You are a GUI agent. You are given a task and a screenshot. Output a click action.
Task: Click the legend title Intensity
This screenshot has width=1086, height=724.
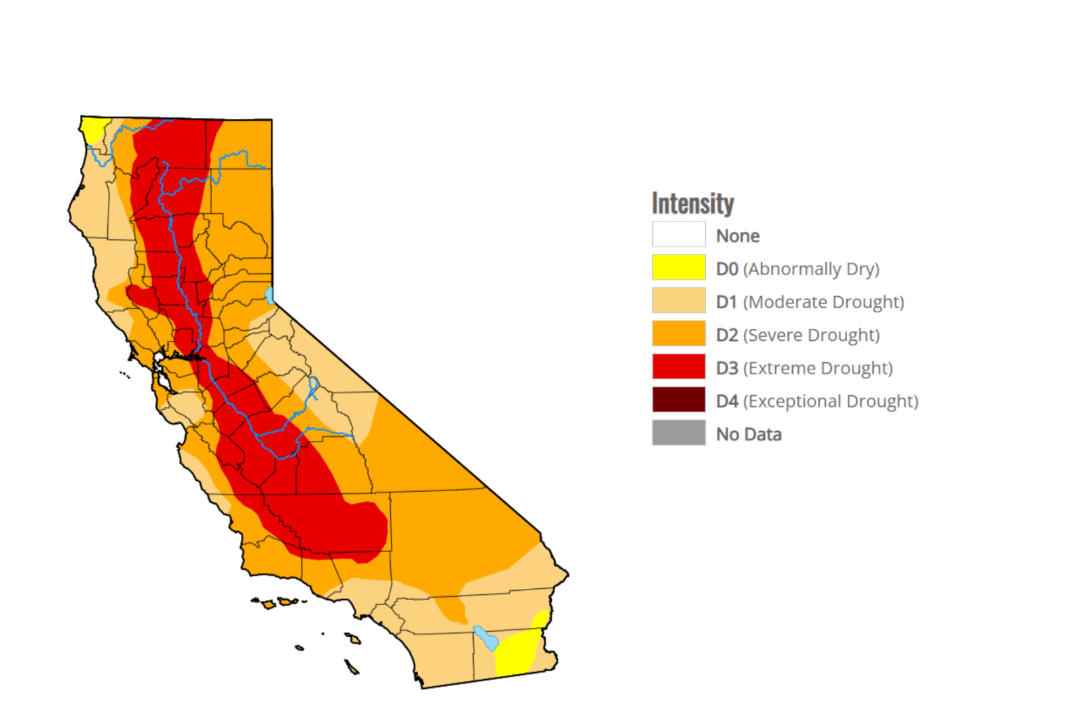click(692, 204)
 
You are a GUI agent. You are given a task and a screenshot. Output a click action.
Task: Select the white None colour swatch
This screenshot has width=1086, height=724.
click(678, 234)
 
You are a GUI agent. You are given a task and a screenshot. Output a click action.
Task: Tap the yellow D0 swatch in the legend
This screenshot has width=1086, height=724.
click(678, 268)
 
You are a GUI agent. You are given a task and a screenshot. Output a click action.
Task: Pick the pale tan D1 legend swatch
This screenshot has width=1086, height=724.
click(678, 300)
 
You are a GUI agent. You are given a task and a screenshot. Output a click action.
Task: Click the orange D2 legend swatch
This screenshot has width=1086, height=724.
click(678, 333)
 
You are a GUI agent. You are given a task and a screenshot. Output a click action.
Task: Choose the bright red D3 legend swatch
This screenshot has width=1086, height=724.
click(678, 367)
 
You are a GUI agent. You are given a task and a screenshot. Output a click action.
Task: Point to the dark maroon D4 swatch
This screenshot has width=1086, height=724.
click(678, 400)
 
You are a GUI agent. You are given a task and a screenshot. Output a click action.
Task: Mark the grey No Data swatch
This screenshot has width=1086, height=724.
click(678, 433)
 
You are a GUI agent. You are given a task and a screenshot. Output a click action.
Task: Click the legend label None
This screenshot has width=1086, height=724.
click(737, 236)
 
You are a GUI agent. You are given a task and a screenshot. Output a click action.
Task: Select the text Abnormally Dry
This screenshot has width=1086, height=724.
click(811, 269)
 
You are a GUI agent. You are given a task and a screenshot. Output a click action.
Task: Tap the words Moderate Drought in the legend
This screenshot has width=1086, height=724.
click(823, 302)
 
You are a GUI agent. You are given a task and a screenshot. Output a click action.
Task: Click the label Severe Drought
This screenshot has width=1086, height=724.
click(811, 335)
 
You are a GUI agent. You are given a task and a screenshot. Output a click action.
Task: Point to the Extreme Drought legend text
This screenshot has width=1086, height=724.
click(818, 368)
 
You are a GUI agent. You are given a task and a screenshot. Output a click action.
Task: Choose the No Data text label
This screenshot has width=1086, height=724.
click(749, 434)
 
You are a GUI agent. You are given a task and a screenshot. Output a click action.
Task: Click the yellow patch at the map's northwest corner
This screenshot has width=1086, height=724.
click(93, 127)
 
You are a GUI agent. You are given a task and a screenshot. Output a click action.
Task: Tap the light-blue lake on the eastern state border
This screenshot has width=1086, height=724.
click(269, 295)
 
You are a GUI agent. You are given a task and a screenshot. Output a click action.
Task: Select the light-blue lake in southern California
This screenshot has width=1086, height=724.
click(485, 638)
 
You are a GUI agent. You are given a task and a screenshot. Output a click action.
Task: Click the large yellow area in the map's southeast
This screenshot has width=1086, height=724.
click(517, 652)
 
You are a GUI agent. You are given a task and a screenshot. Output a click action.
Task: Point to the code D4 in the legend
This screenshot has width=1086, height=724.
click(727, 401)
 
